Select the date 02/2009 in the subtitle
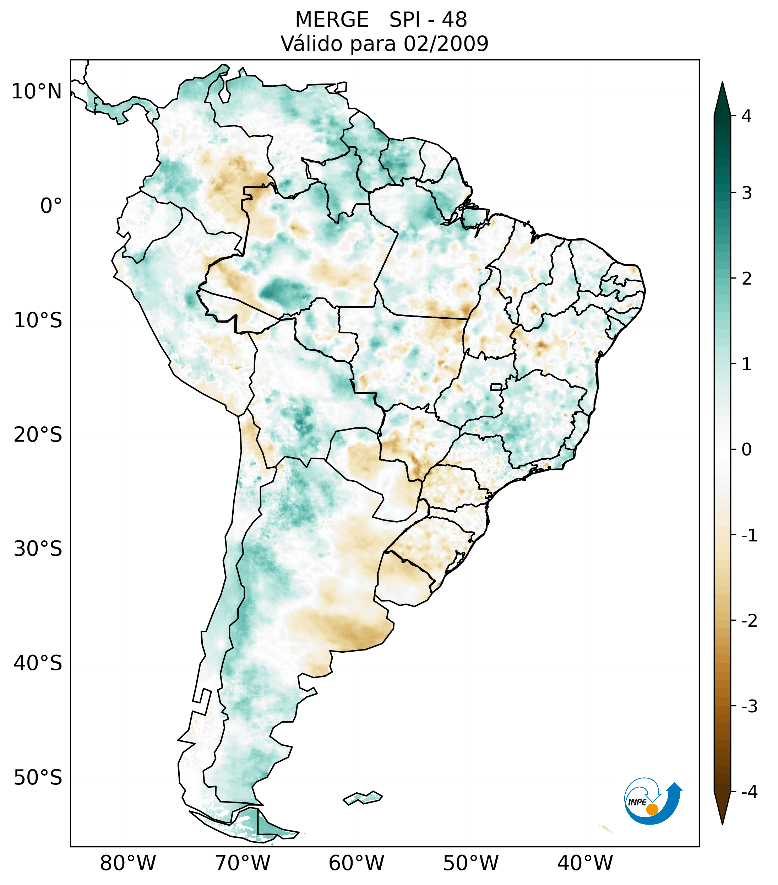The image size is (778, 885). (x=446, y=44)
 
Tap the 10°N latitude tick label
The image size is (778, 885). (x=36, y=92)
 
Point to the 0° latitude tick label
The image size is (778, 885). (x=51, y=206)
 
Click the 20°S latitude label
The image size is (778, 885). (x=38, y=435)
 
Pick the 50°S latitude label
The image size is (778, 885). (x=38, y=778)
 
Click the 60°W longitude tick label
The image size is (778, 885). (x=356, y=863)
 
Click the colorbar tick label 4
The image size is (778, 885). (x=746, y=116)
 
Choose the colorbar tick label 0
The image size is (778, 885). (x=746, y=450)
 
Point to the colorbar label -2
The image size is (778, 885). (x=749, y=621)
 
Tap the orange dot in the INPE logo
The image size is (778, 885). (x=652, y=809)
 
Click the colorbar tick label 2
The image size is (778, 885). (x=746, y=279)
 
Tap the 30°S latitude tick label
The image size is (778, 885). (x=38, y=549)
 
